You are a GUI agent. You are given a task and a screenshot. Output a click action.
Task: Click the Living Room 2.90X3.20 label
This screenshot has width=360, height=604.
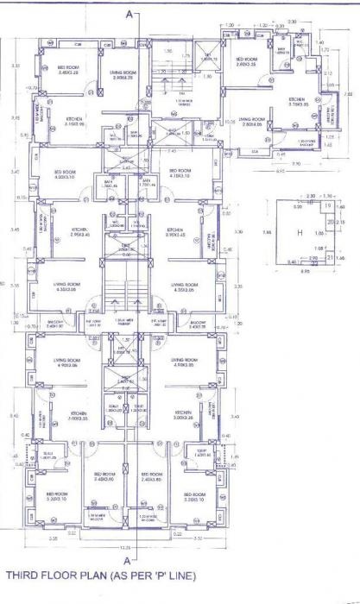click(x=123, y=75)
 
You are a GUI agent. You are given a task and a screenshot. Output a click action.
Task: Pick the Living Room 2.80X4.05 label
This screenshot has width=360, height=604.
click(x=251, y=122)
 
